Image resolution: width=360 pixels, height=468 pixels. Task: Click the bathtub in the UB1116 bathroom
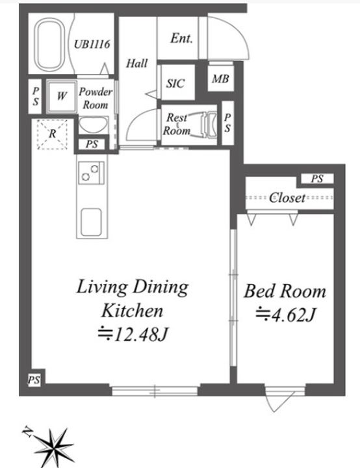[49, 45]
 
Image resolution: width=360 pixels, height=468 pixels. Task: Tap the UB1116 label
[92, 45]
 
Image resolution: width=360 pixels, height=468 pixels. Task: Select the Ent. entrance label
[181, 38]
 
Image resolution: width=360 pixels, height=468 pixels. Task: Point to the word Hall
[136, 63]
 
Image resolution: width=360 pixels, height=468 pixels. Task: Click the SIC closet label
[175, 83]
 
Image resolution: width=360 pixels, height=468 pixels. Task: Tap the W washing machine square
[62, 96]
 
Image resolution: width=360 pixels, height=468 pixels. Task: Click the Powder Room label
[96, 97]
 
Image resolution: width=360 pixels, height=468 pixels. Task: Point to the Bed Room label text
[285, 291]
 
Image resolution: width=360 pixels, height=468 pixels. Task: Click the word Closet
[287, 198]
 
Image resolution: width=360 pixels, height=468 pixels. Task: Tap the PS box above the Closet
[316, 179]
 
